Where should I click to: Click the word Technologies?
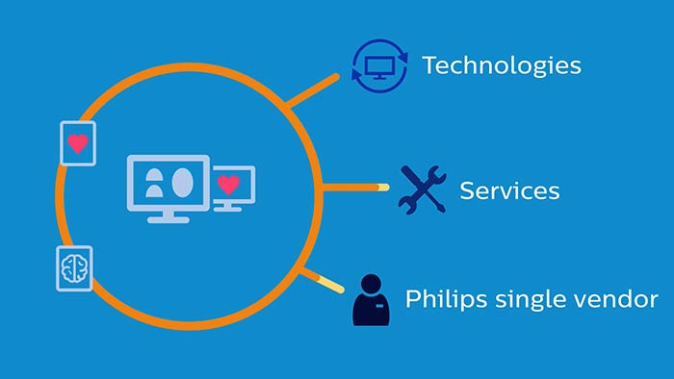click(x=502, y=66)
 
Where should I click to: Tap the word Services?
click(x=509, y=190)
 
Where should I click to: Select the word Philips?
click(x=446, y=299)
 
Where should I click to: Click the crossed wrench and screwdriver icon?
click(x=422, y=189)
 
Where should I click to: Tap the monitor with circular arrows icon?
click(x=379, y=66)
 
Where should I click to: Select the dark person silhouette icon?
click(x=372, y=300)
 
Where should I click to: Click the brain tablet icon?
click(x=74, y=268)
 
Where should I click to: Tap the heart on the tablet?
click(x=78, y=143)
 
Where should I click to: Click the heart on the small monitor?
click(x=228, y=185)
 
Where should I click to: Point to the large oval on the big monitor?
click(x=182, y=183)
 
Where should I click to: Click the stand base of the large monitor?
click(x=168, y=219)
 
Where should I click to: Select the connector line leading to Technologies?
click(x=313, y=90)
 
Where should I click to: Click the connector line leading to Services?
click(x=356, y=188)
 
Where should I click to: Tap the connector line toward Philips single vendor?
click(x=323, y=281)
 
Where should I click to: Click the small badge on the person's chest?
click(x=379, y=306)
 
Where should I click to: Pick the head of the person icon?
click(x=371, y=284)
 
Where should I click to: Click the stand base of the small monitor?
click(x=228, y=209)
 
